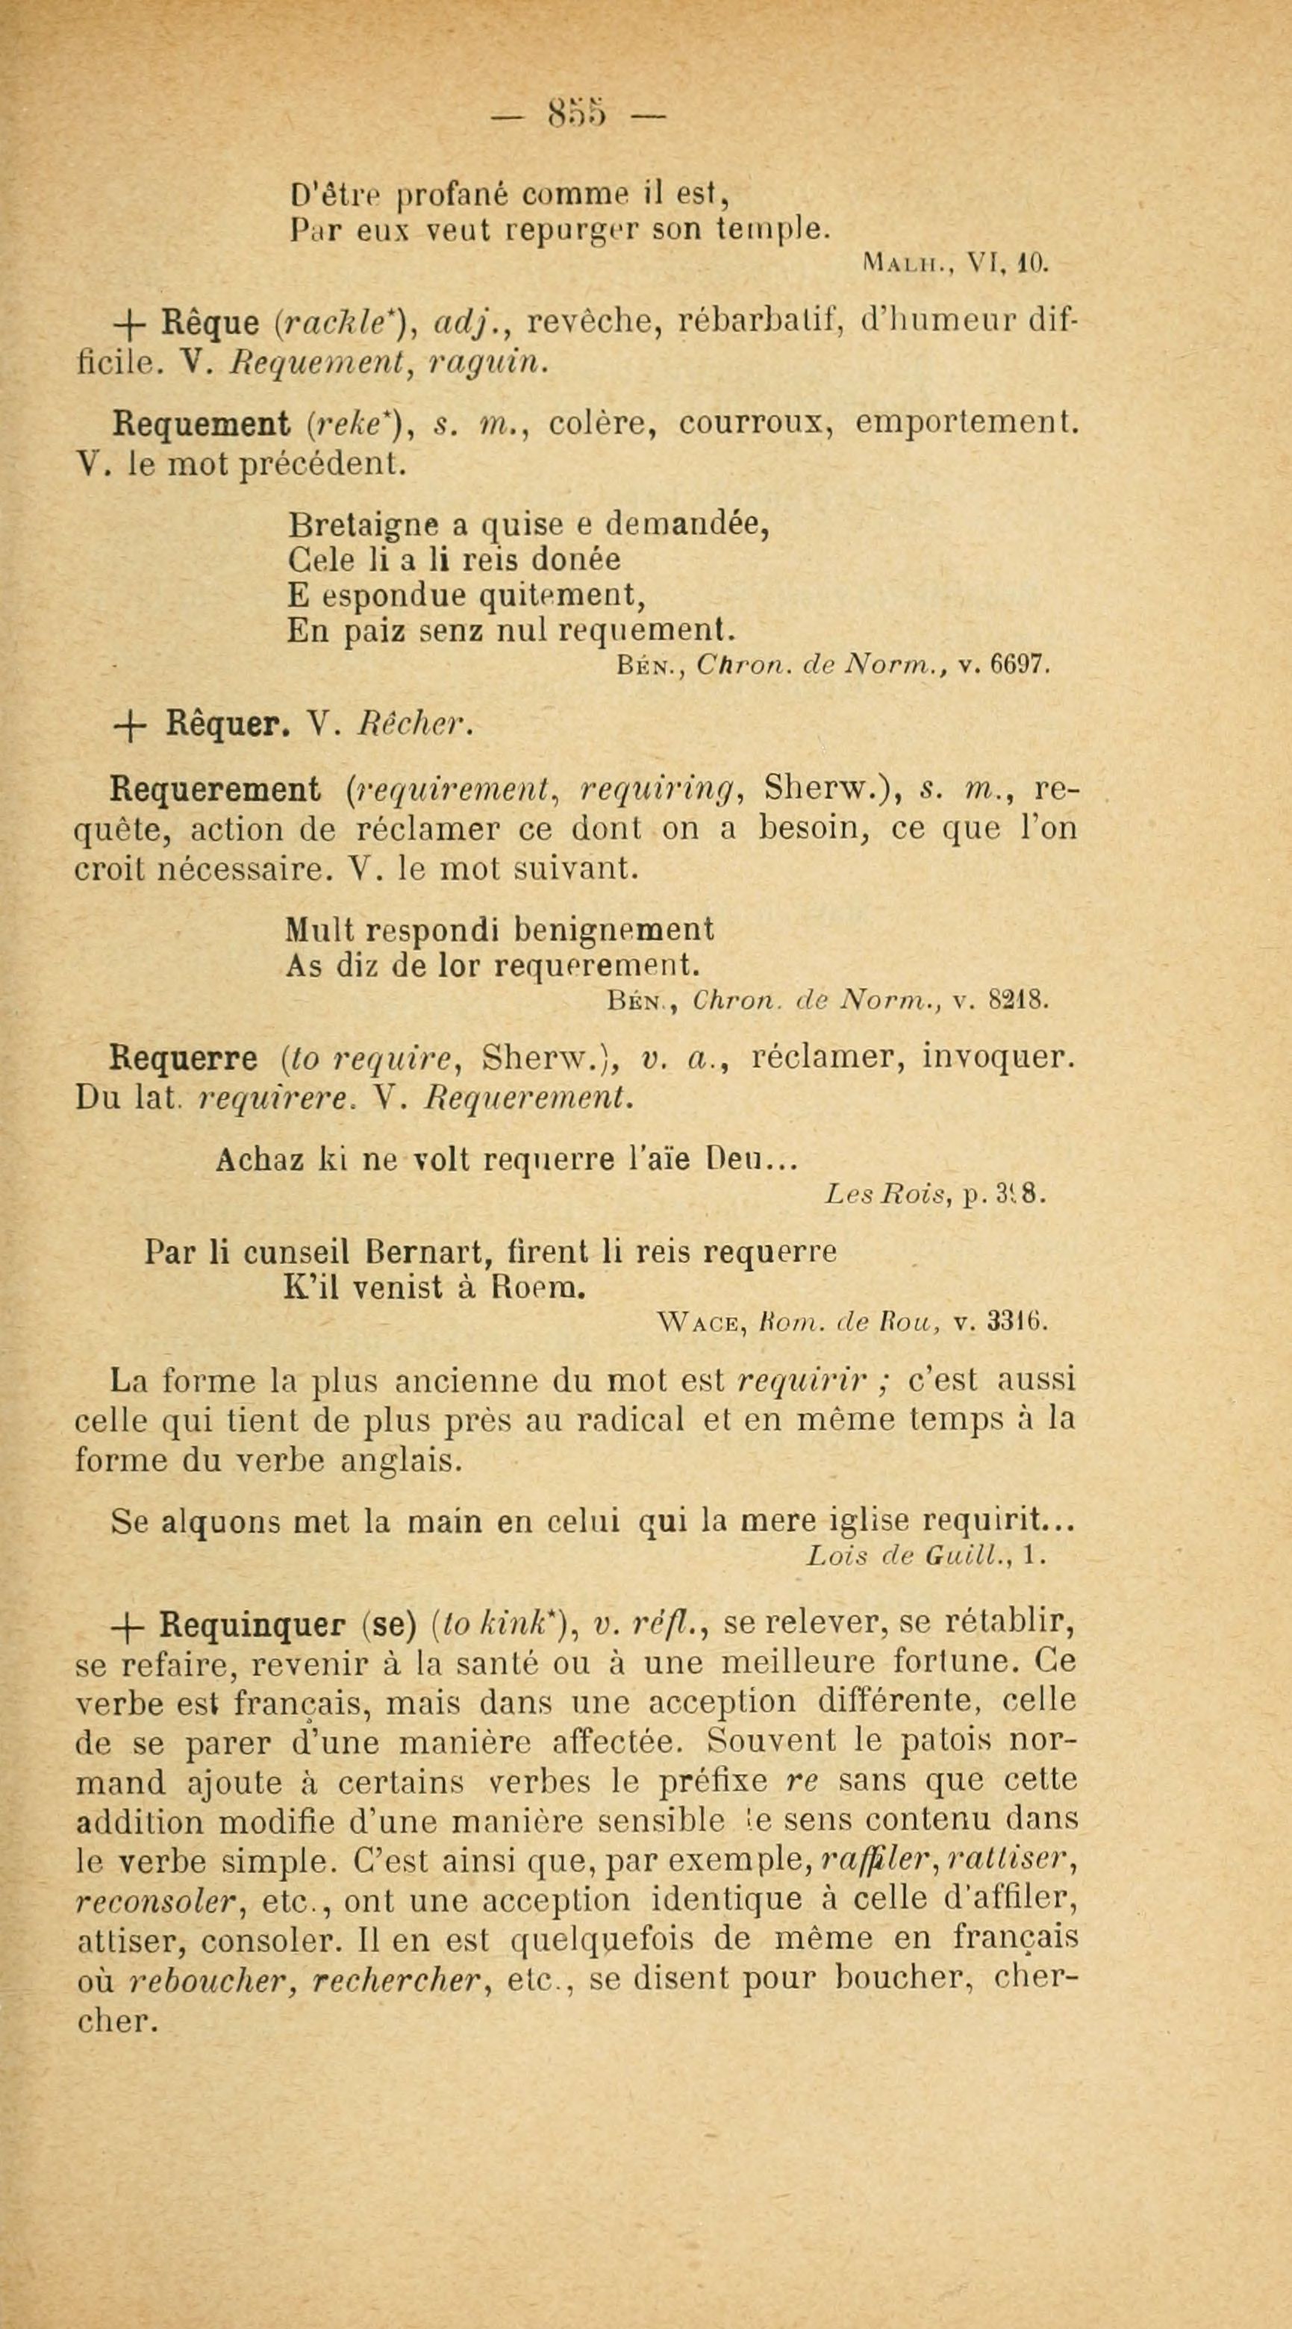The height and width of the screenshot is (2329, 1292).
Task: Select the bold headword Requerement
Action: (214, 790)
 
